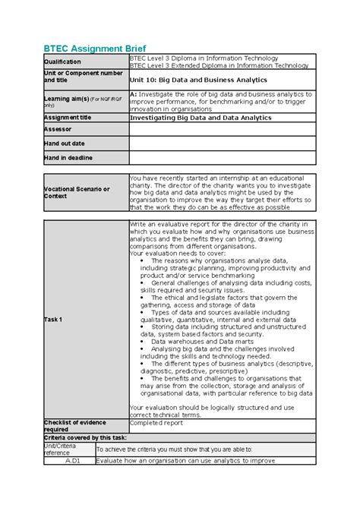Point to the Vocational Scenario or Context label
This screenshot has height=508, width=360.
pyautogui.click(x=77, y=192)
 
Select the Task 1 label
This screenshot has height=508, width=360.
pyautogui.click(x=54, y=318)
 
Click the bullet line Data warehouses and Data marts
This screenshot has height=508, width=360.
pyautogui.click(x=199, y=341)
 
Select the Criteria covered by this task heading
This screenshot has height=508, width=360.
pyautogui.click(x=85, y=437)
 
